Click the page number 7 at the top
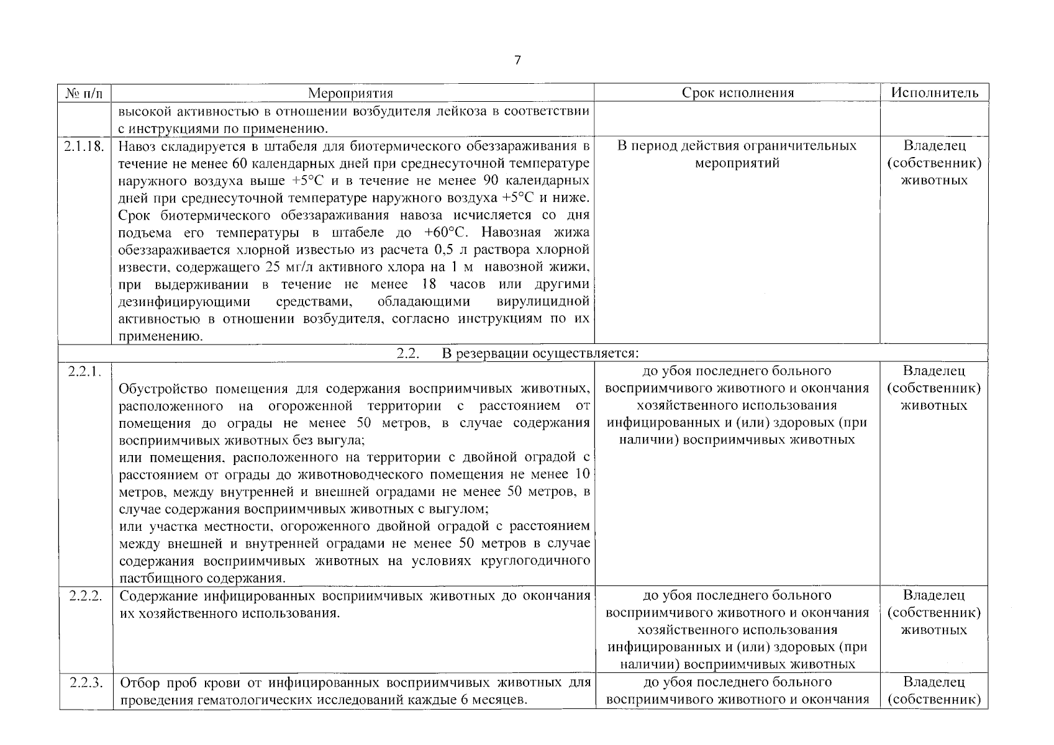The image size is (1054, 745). [517, 60]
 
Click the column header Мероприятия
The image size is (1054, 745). [351, 93]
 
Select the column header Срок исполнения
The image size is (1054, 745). [737, 93]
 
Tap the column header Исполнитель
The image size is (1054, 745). [934, 93]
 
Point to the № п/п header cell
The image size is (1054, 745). [85, 93]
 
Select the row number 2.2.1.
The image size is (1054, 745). [84, 371]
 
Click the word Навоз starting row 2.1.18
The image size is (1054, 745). [136, 147]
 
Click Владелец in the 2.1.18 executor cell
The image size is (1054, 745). [934, 146]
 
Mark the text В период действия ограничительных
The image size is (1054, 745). [737, 146]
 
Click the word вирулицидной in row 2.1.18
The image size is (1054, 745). [543, 302]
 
